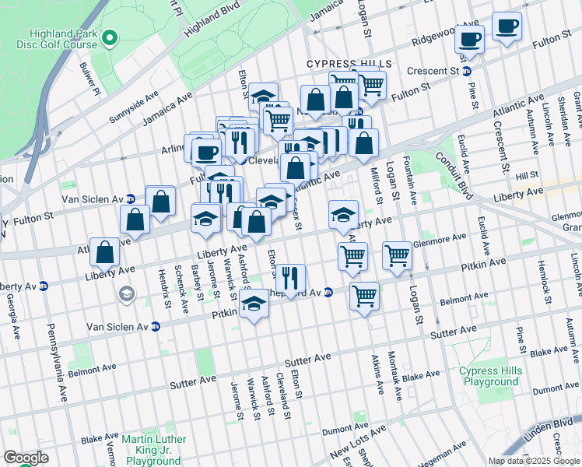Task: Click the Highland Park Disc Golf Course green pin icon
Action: (110, 37)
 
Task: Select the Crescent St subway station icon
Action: (466, 72)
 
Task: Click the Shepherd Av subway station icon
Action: (328, 293)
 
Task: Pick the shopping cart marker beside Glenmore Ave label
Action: (397, 255)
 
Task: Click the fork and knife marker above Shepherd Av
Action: (292, 277)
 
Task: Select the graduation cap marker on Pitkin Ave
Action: (254, 306)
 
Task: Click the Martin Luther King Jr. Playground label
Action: (153, 450)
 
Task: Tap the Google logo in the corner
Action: (26, 458)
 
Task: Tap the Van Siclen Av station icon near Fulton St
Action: (130, 198)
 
